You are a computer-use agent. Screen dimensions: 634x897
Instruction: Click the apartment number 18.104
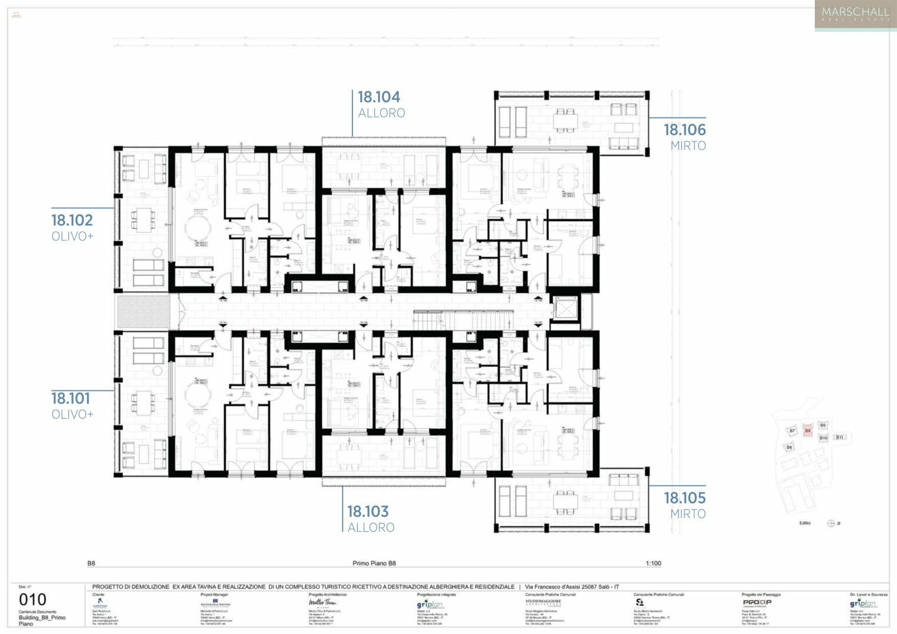pyautogui.click(x=379, y=97)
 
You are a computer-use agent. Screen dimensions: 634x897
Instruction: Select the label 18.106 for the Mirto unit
pyautogui.click(x=684, y=130)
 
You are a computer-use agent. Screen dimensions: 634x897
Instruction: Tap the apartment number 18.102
pyautogui.click(x=72, y=220)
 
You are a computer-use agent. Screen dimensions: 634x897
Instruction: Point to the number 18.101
pyautogui.click(x=70, y=399)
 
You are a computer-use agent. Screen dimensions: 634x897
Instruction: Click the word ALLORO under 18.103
pyautogui.click(x=371, y=528)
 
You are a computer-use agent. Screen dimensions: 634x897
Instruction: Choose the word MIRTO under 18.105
pyautogui.click(x=688, y=514)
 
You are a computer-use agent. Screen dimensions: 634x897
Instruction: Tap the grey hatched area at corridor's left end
pyautogui.click(x=143, y=311)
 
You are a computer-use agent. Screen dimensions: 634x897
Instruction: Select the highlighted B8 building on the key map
pyautogui.click(x=808, y=431)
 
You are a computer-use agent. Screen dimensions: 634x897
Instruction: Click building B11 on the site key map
pyautogui.click(x=840, y=437)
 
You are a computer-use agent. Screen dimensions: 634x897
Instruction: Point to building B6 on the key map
pyautogui.click(x=790, y=447)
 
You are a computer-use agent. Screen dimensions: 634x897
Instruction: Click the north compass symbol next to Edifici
pyautogui.click(x=831, y=523)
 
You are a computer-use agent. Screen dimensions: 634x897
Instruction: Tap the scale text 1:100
pyautogui.click(x=653, y=564)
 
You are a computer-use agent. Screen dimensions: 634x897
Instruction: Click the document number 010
pyautogui.click(x=32, y=600)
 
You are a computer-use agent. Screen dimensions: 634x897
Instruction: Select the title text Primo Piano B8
pyautogui.click(x=374, y=564)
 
